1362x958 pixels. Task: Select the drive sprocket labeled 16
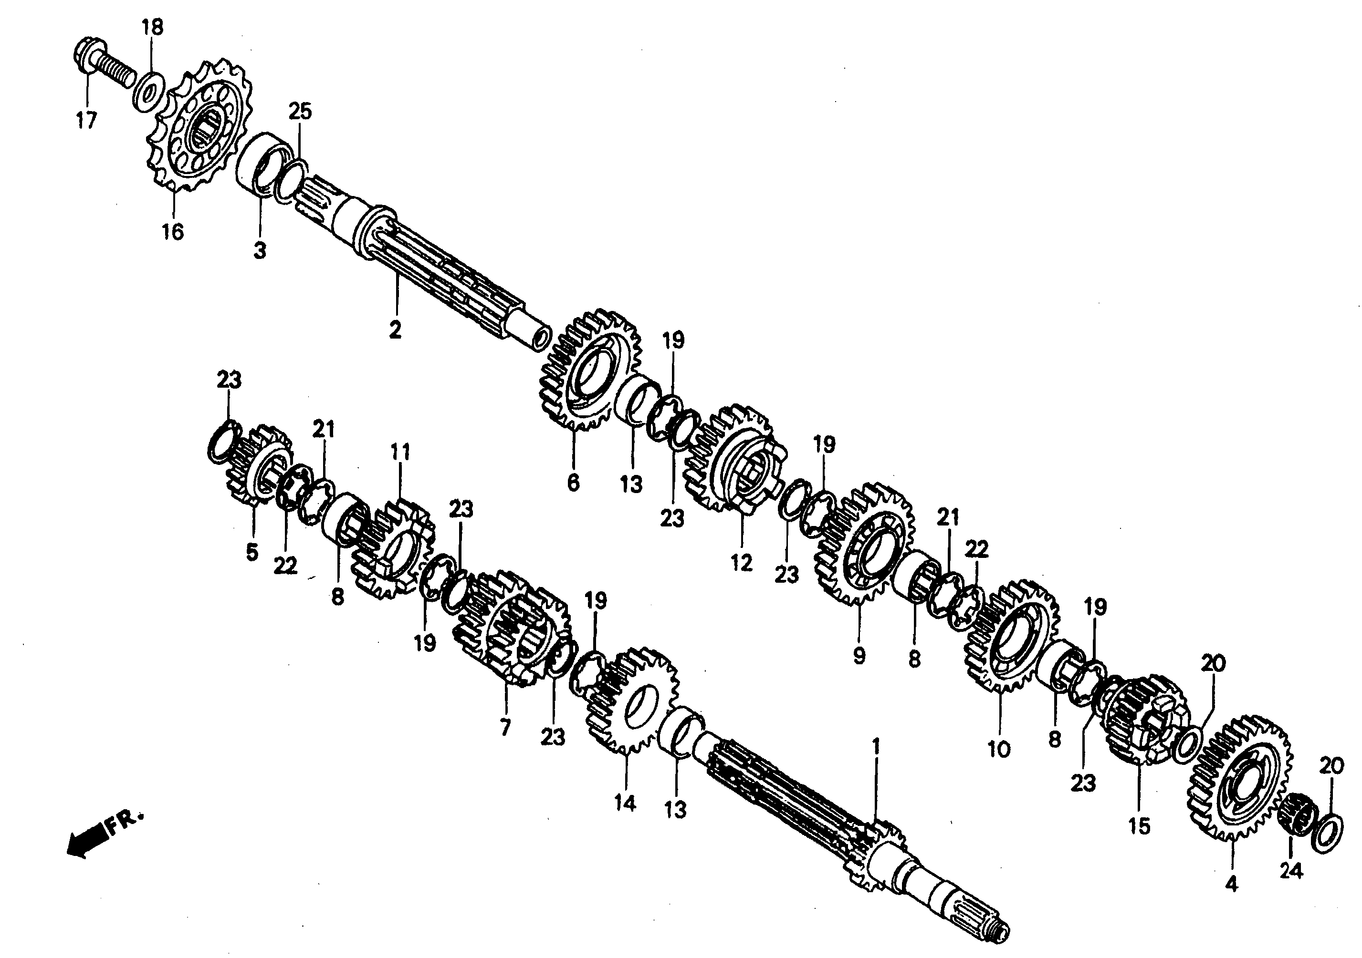(199, 127)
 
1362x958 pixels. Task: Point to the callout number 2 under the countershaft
(395, 330)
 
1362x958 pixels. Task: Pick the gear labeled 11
(395, 548)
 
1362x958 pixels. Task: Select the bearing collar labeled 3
(261, 166)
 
